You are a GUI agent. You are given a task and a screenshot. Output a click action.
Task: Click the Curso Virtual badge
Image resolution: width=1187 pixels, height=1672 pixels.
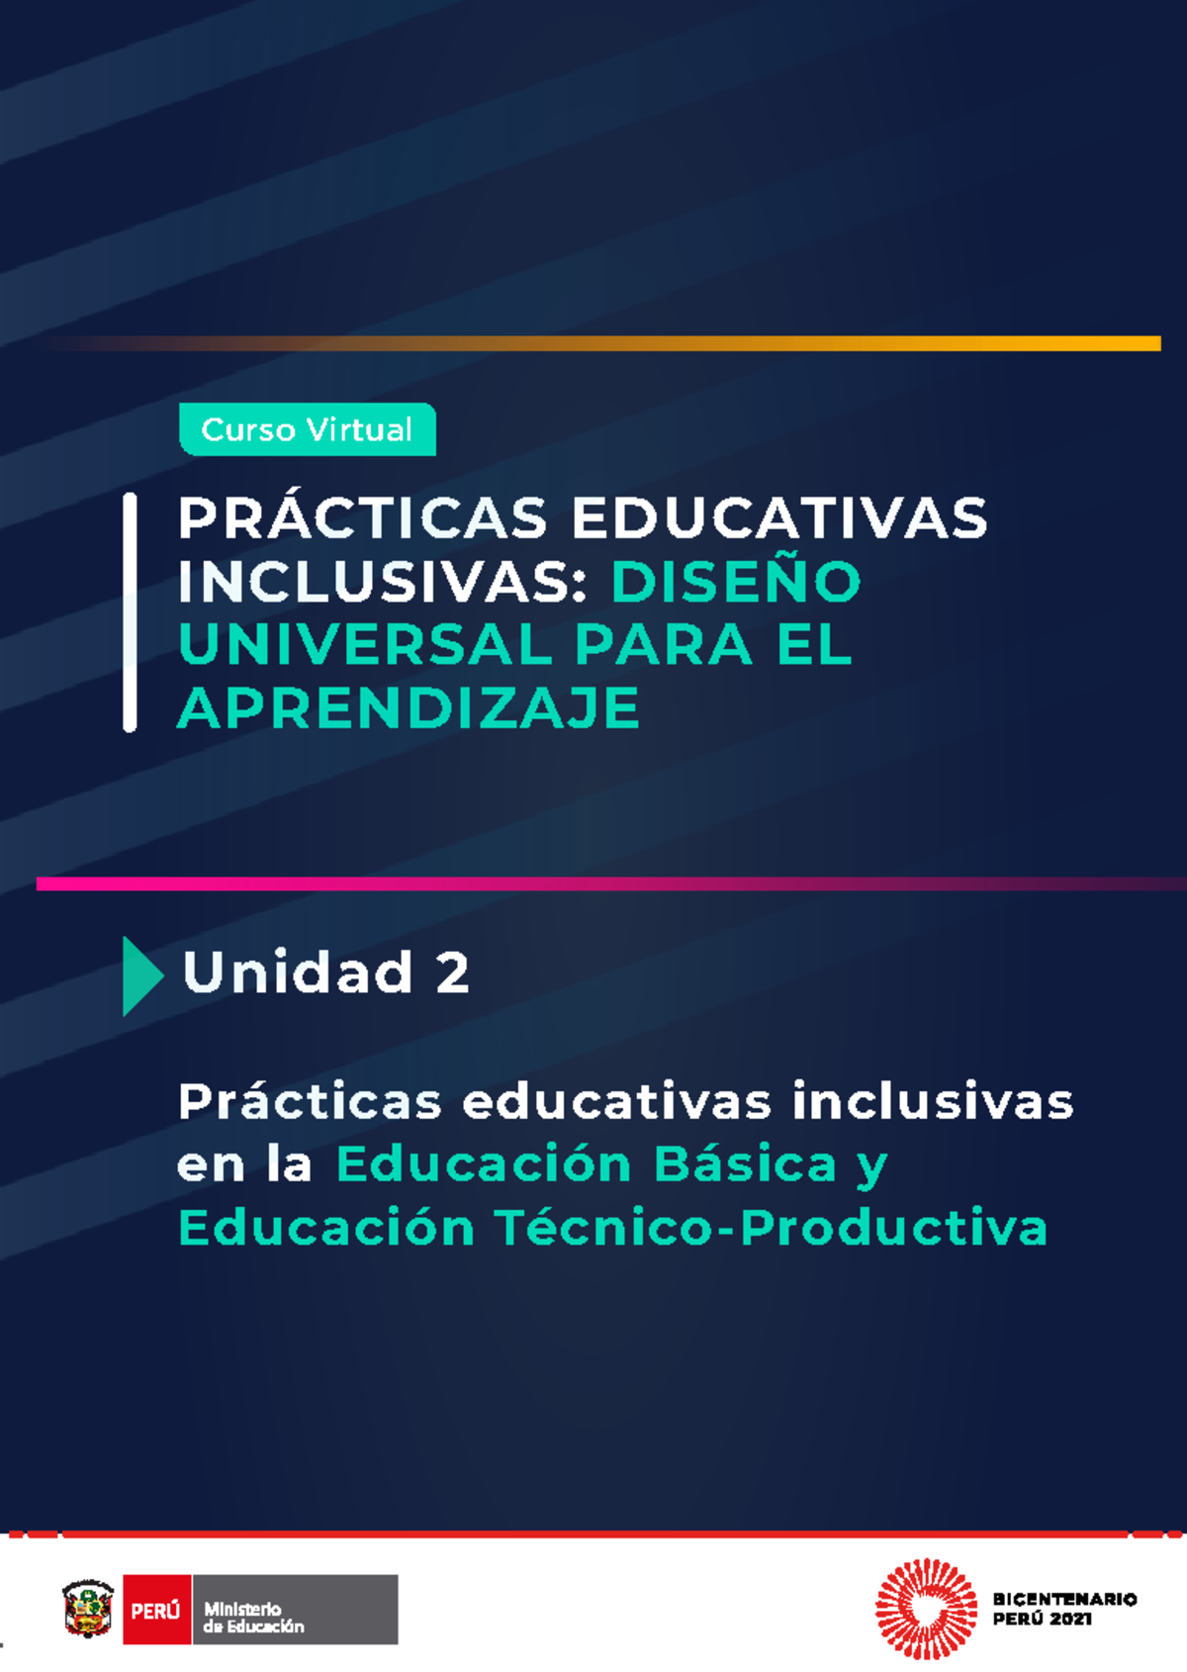pos(307,429)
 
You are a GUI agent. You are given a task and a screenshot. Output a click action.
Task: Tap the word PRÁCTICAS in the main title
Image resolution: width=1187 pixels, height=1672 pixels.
pos(362,517)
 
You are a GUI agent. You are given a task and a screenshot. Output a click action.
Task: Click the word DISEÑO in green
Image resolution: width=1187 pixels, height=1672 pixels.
pos(736,581)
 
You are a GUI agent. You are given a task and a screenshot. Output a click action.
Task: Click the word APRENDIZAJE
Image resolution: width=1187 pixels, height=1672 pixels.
pos(409,708)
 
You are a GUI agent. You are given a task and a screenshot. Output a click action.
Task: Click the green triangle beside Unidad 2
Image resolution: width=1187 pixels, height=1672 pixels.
pos(140,975)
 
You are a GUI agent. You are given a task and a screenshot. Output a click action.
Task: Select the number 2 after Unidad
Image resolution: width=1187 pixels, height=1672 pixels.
pos(452,973)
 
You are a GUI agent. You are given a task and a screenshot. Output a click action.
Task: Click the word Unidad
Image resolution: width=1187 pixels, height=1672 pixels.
pos(298,973)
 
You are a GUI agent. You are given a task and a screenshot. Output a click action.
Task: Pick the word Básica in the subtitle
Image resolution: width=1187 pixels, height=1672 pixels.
pos(745,1164)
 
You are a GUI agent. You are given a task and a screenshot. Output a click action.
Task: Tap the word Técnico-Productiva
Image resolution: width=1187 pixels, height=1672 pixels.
pos(771,1228)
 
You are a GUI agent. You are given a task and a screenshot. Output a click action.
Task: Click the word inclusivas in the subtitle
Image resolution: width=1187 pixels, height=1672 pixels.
pos(932,1101)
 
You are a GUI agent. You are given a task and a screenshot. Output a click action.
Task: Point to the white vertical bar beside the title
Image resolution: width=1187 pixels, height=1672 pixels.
pos(130,612)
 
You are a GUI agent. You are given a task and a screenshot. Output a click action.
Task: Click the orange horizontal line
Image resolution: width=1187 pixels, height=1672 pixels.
pos(692,343)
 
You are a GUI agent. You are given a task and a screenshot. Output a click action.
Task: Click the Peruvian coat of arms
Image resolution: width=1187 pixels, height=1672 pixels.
pos(88,1609)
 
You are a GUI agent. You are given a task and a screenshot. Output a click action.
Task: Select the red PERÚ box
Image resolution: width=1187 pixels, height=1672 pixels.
pos(156,1610)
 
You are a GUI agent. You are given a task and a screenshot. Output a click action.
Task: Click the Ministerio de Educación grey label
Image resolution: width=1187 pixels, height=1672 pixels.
pos(295,1610)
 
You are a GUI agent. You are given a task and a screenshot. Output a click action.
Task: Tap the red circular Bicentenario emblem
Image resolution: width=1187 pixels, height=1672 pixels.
pos(925,1609)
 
